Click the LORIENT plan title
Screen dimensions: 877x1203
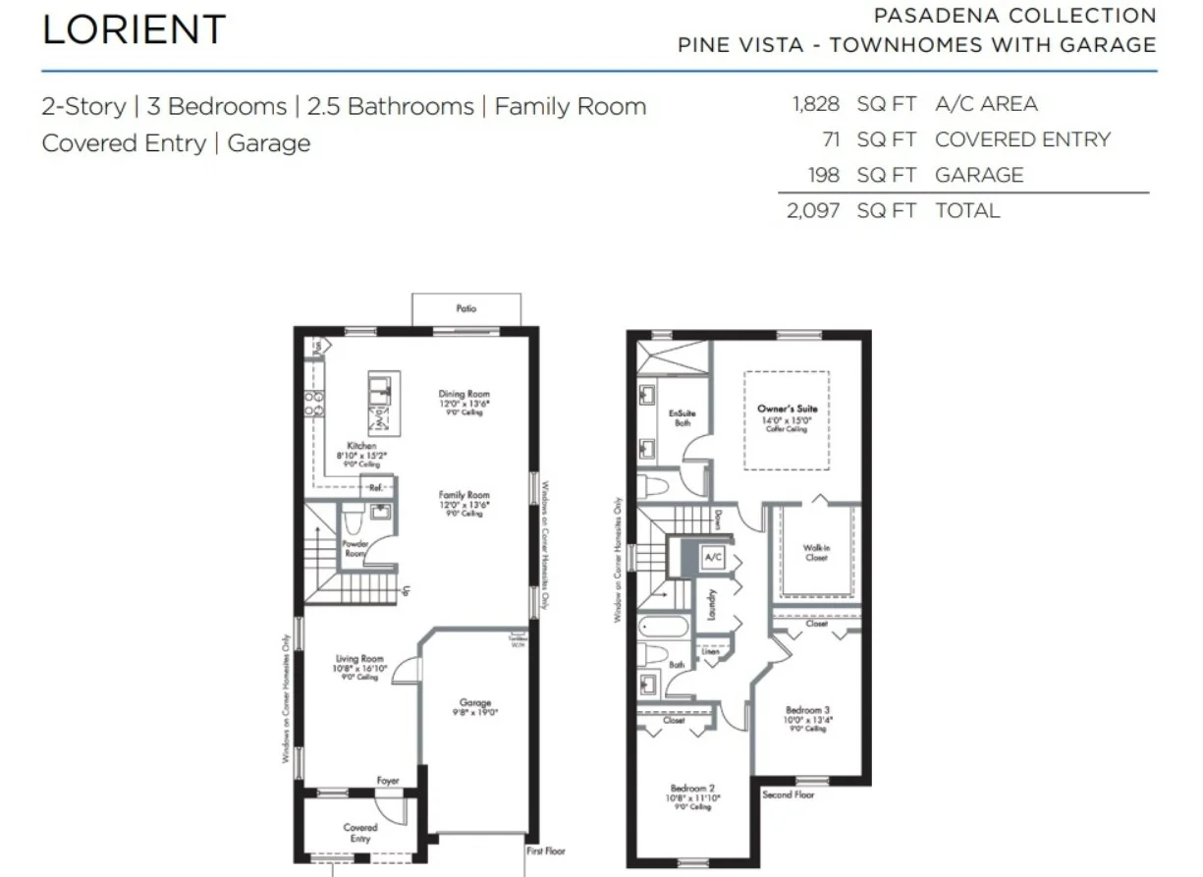[134, 29]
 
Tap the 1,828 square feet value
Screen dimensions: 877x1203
[814, 104]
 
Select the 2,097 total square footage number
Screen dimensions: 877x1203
[812, 210]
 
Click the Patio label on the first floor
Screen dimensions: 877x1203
[465, 308]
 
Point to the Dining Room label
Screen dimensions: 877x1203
[464, 395]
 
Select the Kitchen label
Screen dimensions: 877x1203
[361, 446]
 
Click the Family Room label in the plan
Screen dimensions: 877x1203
[464, 496]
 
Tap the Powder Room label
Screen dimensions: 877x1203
[355, 548]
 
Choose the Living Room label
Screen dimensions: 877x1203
[359, 659]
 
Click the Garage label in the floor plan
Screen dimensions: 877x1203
[475, 703]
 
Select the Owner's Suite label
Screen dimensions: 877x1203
[787, 409]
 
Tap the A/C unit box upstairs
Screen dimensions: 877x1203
[714, 558]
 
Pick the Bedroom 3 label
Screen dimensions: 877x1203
[807, 709]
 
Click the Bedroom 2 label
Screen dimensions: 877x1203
[692, 789]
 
